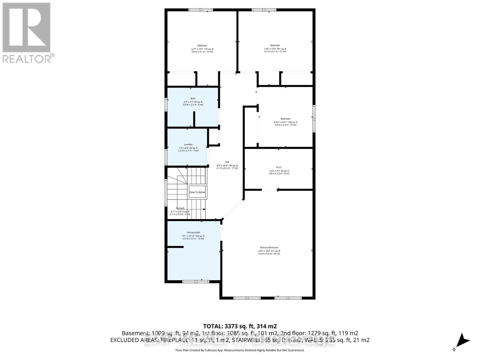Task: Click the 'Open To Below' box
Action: click(x=197, y=192)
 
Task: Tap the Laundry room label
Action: click(x=188, y=144)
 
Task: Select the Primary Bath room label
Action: click(x=193, y=232)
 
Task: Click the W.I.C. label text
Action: click(x=279, y=167)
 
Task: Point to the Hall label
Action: click(x=227, y=162)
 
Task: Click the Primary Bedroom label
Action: click(x=269, y=247)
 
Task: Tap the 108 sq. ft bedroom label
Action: click(x=285, y=119)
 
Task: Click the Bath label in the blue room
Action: click(x=193, y=98)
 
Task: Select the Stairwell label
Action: click(x=180, y=208)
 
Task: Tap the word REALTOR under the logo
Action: click(x=27, y=59)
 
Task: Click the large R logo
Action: click(x=26, y=27)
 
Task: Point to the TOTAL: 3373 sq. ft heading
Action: click(x=240, y=326)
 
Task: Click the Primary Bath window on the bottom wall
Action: click(x=196, y=281)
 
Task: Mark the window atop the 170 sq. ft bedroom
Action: click(x=200, y=10)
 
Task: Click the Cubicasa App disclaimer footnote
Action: click(x=240, y=350)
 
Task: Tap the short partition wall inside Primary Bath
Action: click(x=175, y=247)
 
